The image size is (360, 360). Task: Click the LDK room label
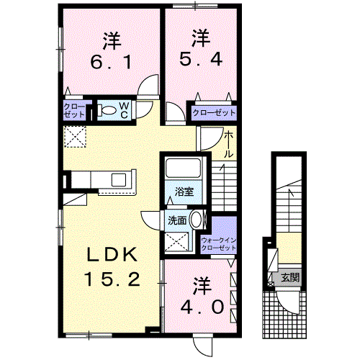[112, 254]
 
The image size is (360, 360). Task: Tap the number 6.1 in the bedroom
[111, 62]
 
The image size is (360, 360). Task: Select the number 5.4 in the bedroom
[201, 59]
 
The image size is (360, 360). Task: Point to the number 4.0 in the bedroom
[202, 307]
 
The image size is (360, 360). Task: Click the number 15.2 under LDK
[112, 279]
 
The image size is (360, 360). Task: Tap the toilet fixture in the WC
[107, 110]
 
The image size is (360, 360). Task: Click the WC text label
[124, 110]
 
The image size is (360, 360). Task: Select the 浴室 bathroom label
[184, 192]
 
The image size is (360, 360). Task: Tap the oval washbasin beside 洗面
[196, 219]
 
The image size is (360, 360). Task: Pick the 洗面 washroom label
[177, 220]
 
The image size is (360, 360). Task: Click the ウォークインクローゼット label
[219, 244]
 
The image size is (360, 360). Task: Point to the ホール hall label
[228, 145]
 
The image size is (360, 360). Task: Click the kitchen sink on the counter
[119, 180]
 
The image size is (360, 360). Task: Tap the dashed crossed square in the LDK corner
[75, 137]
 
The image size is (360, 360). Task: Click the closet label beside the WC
[74, 111]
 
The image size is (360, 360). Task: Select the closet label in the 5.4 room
[214, 113]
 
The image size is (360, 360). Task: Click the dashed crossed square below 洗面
[176, 241]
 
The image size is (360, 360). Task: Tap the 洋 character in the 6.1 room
[112, 41]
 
